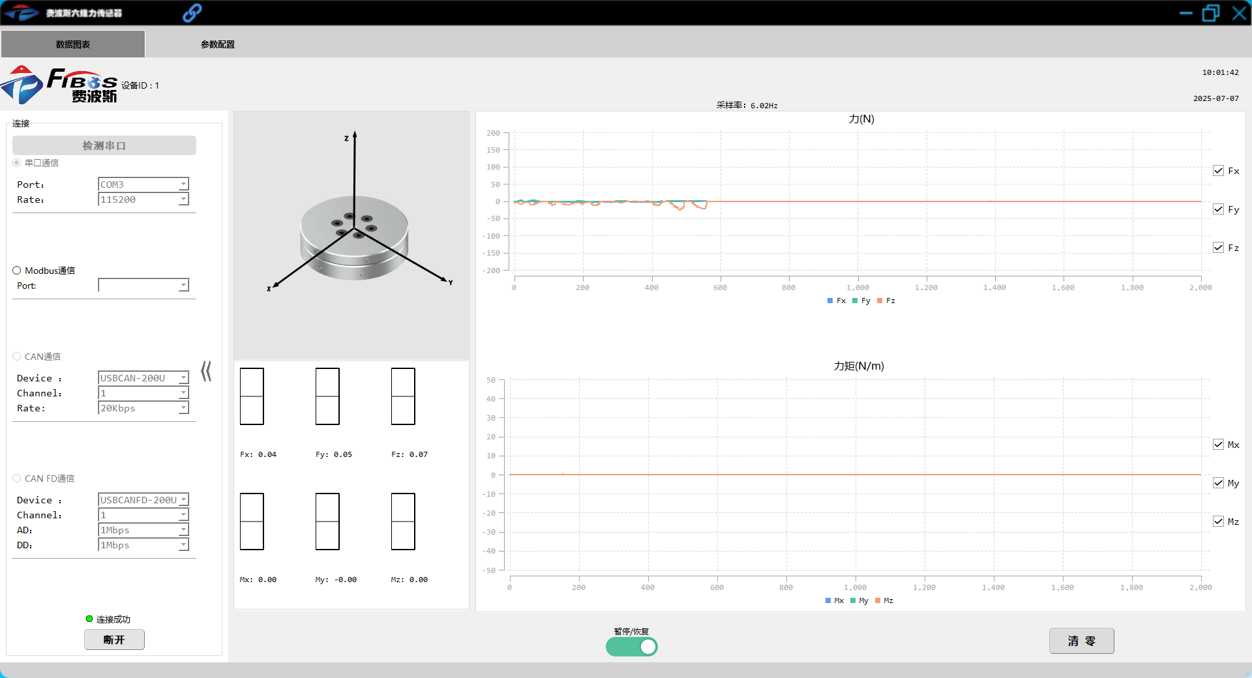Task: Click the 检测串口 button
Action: tap(104, 145)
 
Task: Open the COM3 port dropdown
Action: tap(143, 184)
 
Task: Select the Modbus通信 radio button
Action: tap(17, 271)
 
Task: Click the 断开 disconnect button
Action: tap(114, 640)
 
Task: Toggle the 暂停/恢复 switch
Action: tap(631, 647)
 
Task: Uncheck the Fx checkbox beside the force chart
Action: tap(1218, 171)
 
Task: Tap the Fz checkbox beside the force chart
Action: tap(1218, 248)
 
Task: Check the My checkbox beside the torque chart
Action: tap(1218, 483)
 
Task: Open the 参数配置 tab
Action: tap(218, 44)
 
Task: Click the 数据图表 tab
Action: tap(73, 44)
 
